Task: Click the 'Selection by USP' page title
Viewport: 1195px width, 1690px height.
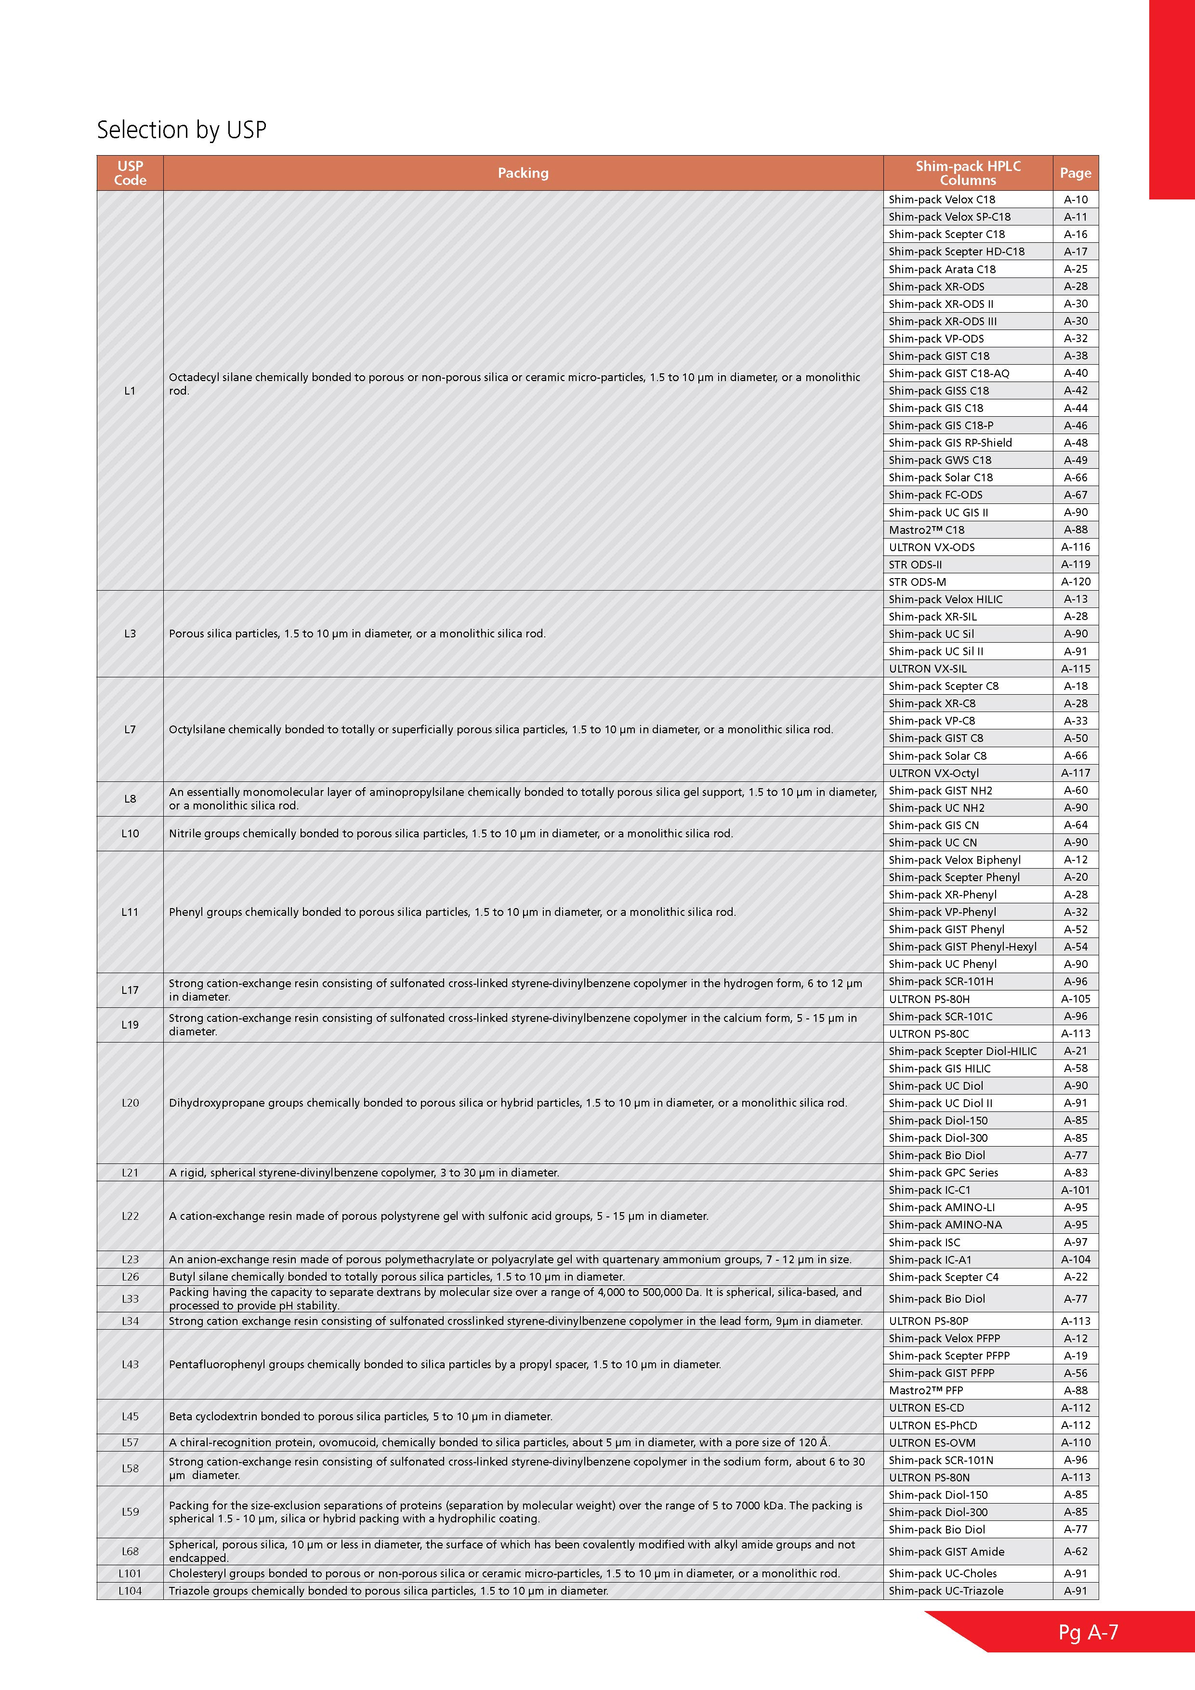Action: point(181,130)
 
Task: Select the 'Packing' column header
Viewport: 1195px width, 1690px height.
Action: point(523,173)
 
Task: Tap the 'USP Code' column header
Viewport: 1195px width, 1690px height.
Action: point(130,173)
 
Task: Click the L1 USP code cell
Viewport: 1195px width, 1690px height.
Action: point(130,391)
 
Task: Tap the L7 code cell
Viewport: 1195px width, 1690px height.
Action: point(130,729)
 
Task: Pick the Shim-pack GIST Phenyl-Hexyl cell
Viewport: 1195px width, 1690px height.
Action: point(962,947)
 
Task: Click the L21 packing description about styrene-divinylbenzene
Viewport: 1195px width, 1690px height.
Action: point(364,1173)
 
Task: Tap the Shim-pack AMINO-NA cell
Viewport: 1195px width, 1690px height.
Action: point(945,1225)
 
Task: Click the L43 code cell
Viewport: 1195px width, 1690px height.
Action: point(130,1364)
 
